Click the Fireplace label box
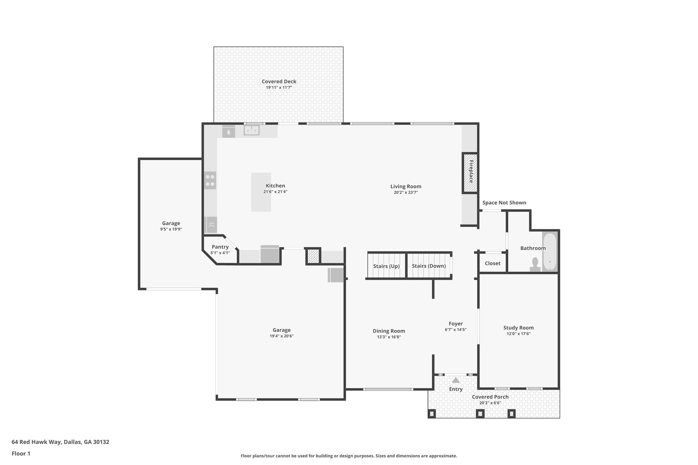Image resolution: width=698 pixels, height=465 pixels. [470, 173]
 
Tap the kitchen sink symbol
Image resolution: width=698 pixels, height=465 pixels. [252, 130]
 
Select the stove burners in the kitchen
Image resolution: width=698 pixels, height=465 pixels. [210, 181]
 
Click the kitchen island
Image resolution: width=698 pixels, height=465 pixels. [261, 192]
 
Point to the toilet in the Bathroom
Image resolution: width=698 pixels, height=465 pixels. [535, 264]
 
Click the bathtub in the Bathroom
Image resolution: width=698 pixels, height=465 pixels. [549, 252]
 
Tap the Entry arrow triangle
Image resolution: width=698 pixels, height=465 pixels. [456, 380]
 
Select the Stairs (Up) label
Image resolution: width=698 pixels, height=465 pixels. [386, 266]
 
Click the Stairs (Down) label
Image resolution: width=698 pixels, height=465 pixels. [429, 266]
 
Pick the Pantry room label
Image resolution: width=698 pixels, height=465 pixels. [220, 247]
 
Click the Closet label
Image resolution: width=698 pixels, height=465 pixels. [492, 263]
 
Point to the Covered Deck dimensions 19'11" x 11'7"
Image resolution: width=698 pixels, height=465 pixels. [279, 88]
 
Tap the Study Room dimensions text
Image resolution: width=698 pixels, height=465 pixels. [518, 334]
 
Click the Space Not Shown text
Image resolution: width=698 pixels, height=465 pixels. [504, 203]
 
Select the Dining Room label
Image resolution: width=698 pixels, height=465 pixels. [389, 331]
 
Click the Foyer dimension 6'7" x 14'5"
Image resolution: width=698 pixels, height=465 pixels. [455, 330]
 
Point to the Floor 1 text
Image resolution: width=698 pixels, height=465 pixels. [21, 453]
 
